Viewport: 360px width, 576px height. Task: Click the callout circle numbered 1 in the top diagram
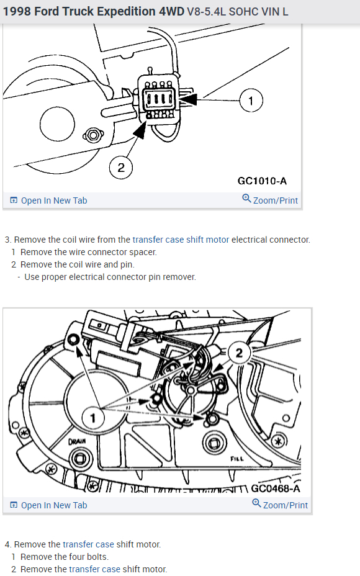[250, 100]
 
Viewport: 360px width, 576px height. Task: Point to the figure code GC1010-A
[262, 181]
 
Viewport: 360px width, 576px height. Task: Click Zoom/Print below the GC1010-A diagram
[270, 200]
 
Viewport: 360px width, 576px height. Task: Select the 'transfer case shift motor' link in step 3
[181, 240]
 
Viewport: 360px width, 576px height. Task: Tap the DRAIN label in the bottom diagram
[78, 443]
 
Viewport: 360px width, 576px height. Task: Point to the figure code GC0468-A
[276, 488]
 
